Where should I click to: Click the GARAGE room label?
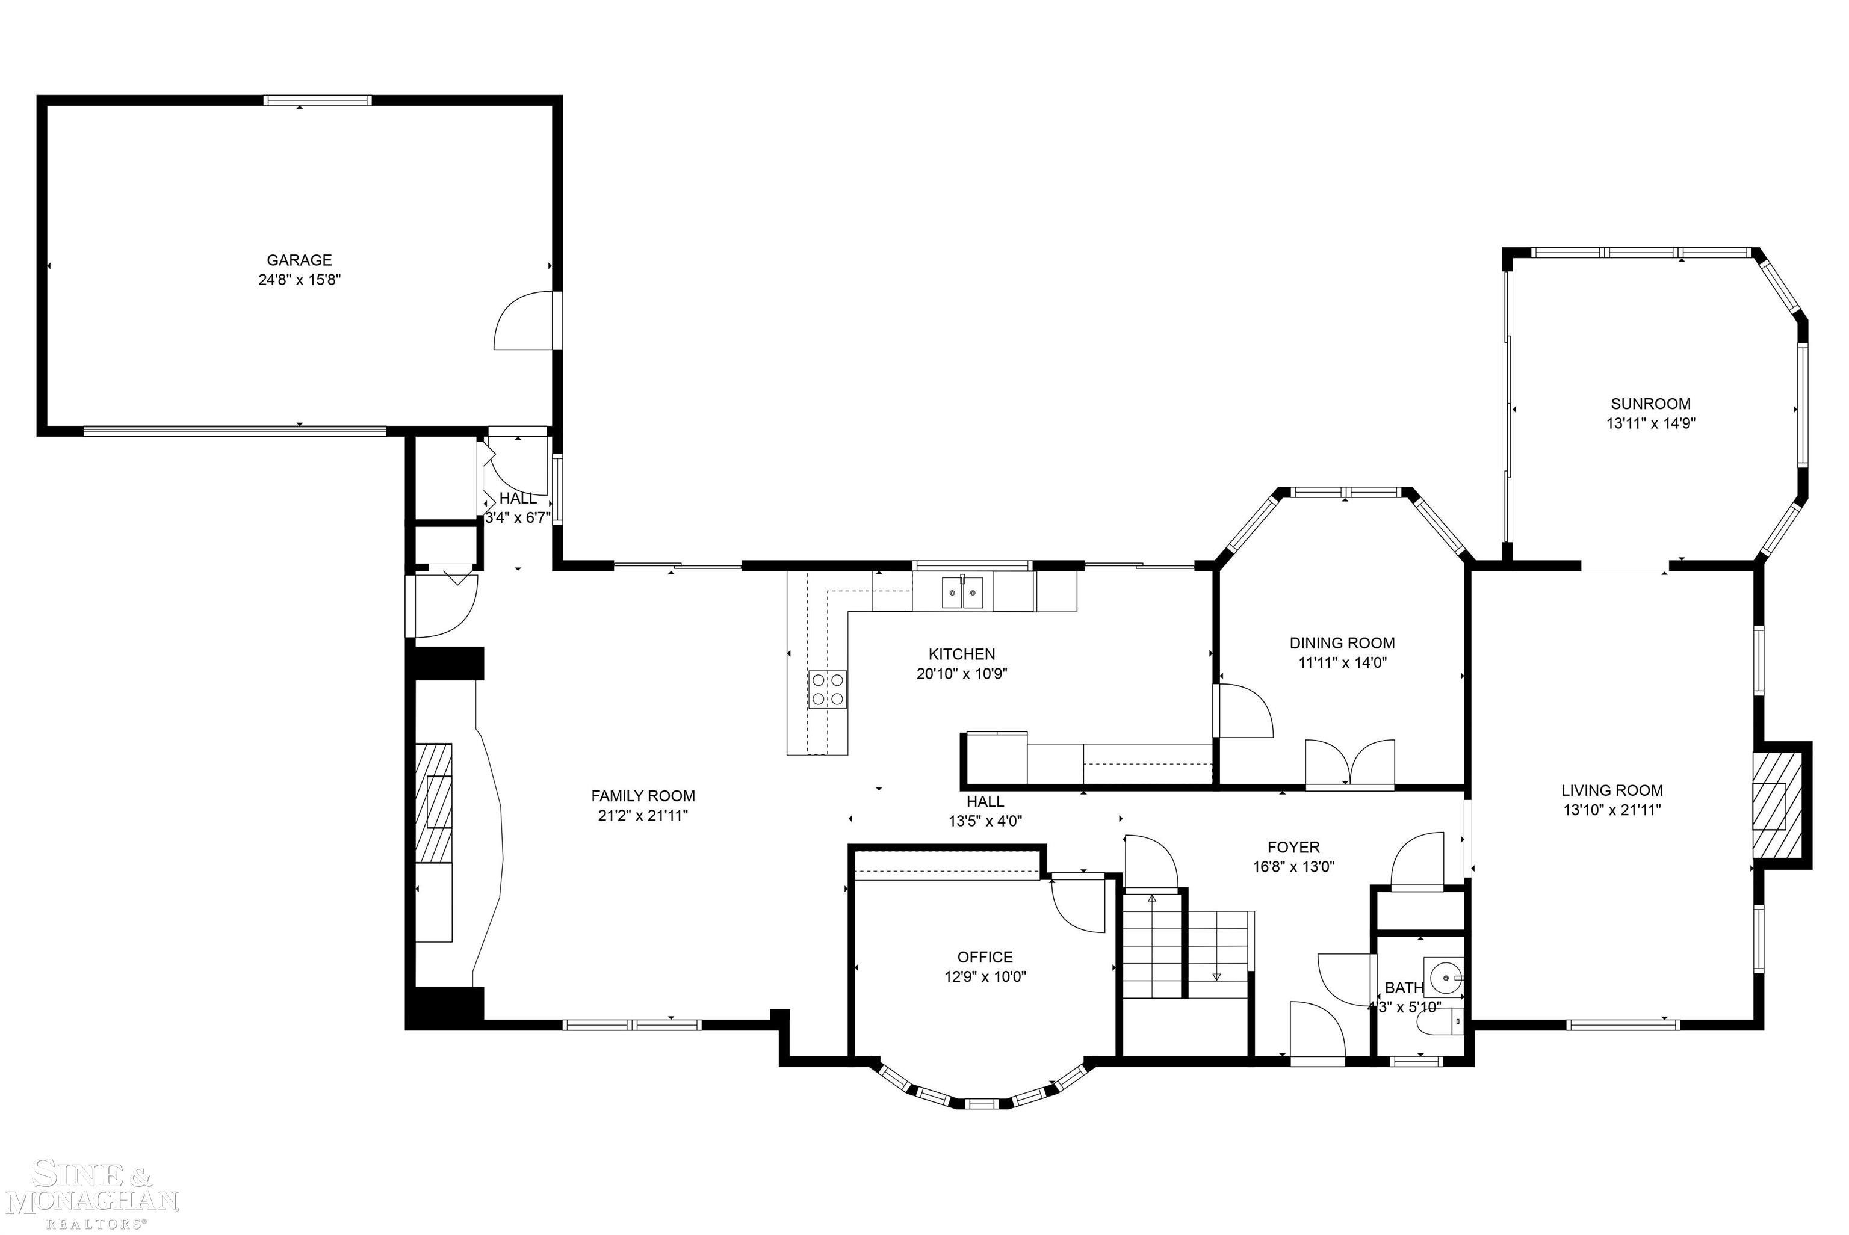(x=299, y=260)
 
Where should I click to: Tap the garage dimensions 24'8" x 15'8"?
(x=299, y=280)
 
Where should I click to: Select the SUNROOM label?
(x=1650, y=404)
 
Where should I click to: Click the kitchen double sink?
(x=962, y=593)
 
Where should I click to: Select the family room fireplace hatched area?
(x=434, y=802)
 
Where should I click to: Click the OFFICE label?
(x=985, y=957)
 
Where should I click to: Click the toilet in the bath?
(x=1436, y=1021)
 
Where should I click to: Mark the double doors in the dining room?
(x=1350, y=762)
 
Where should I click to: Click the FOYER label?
(x=1293, y=848)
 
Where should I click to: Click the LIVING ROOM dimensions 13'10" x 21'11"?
(x=1612, y=810)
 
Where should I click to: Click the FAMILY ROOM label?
(x=643, y=796)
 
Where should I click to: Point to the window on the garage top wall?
(x=317, y=100)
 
